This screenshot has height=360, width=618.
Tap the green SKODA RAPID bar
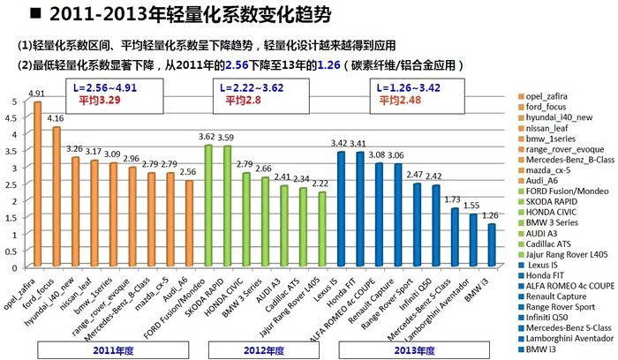(x=228, y=206)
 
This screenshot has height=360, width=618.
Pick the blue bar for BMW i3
(x=492, y=244)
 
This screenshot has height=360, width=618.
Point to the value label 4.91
(x=36, y=94)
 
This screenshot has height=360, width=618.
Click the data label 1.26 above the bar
(x=492, y=214)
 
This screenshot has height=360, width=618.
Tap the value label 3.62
(x=207, y=137)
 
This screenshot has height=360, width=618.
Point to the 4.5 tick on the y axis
(x=11, y=117)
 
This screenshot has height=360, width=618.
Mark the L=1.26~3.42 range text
(x=410, y=89)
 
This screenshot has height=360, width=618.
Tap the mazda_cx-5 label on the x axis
(x=154, y=291)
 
